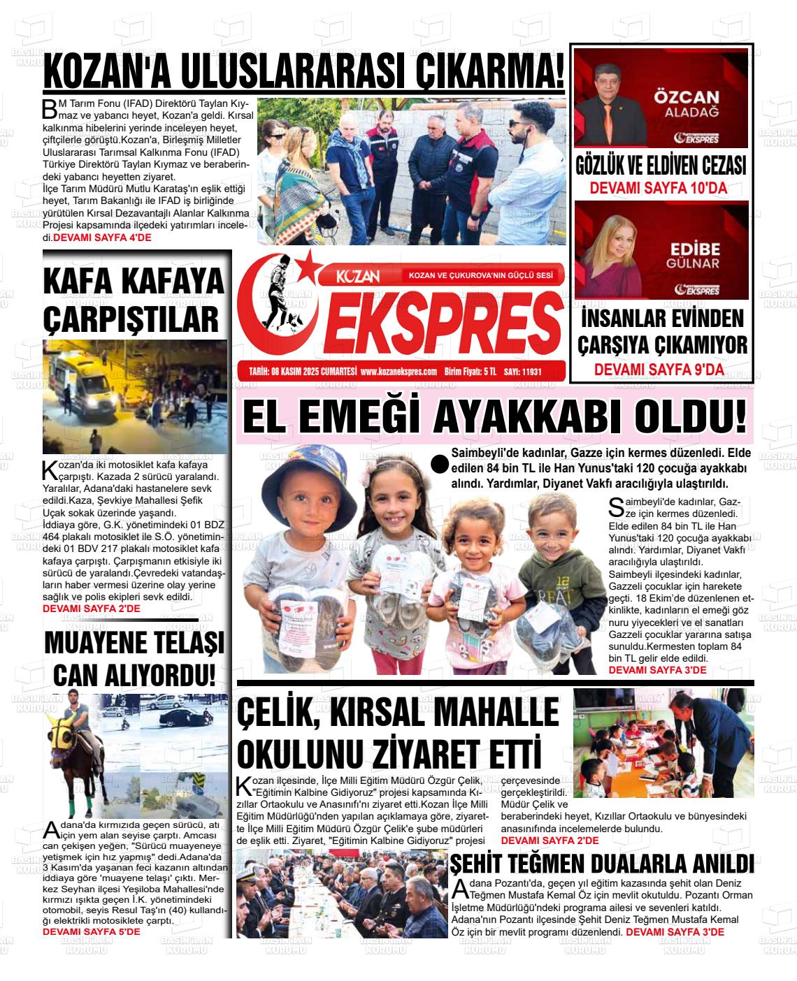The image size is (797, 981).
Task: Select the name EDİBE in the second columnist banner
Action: (x=695, y=249)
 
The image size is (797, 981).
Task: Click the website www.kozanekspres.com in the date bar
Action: (x=399, y=372)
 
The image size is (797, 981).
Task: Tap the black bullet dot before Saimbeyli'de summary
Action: (x=440, y=465)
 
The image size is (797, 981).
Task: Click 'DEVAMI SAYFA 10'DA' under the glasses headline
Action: (x=659, y=188)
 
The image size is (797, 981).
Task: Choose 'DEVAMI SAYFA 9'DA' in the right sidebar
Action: (x=659, y=370)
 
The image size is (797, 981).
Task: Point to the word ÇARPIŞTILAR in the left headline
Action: (x=131, y=319)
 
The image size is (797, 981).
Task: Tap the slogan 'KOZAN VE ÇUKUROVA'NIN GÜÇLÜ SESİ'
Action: (x=480, y=275)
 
